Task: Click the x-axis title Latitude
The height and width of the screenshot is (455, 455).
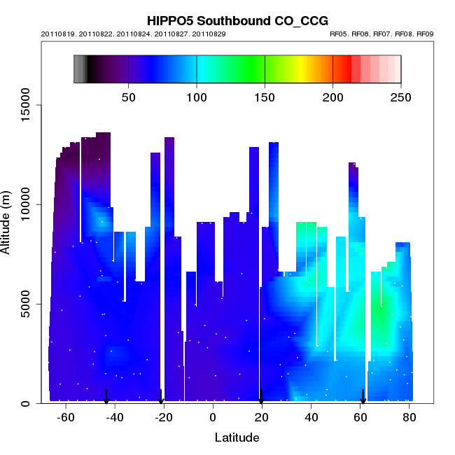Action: [237, 438]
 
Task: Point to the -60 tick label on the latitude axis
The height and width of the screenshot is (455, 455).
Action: [66, 417]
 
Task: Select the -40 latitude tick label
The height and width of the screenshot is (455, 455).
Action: [115, 417]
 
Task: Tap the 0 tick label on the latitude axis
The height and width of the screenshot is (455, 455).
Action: [213, 417]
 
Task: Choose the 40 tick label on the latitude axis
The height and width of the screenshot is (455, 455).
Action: [311, 417]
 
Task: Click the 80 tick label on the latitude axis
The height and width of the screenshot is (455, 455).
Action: [409, 417]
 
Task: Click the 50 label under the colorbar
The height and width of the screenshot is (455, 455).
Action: [129, 97]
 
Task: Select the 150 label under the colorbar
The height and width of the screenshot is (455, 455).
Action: [265, 97]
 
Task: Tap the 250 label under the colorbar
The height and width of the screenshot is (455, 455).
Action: [400, 97]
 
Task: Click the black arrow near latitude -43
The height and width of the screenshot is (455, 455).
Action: [106, 397]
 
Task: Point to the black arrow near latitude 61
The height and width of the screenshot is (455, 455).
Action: [363, 397]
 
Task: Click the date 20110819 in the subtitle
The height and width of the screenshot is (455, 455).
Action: [55, 34]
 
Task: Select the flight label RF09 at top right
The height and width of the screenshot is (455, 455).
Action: [425, 34]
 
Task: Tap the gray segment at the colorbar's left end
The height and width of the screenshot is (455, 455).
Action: [80, 69]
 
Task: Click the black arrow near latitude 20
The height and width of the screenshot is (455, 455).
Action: [261, 397]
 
